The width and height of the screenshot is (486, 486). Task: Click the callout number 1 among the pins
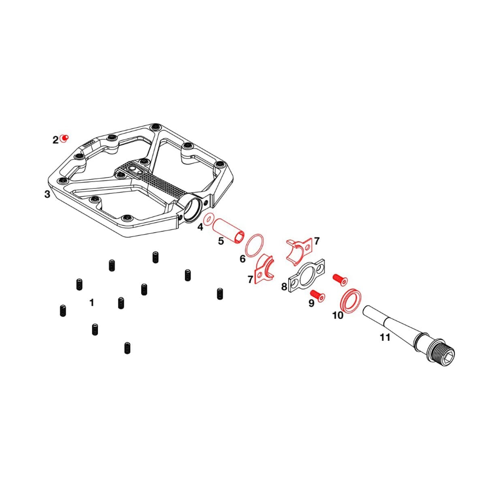click(92, 303)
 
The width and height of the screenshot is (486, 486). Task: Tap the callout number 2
click(55, 141)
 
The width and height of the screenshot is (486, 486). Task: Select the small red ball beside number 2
click(64, 139)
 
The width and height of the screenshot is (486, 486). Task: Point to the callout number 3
click(47, 194)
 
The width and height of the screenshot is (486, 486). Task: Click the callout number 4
click(200, 227)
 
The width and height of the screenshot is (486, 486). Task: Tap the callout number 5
click(221, 241)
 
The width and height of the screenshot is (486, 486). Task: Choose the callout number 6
click(243, 259)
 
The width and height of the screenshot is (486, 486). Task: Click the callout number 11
click(385, 337)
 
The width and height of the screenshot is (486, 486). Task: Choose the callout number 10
click(338, 315)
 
